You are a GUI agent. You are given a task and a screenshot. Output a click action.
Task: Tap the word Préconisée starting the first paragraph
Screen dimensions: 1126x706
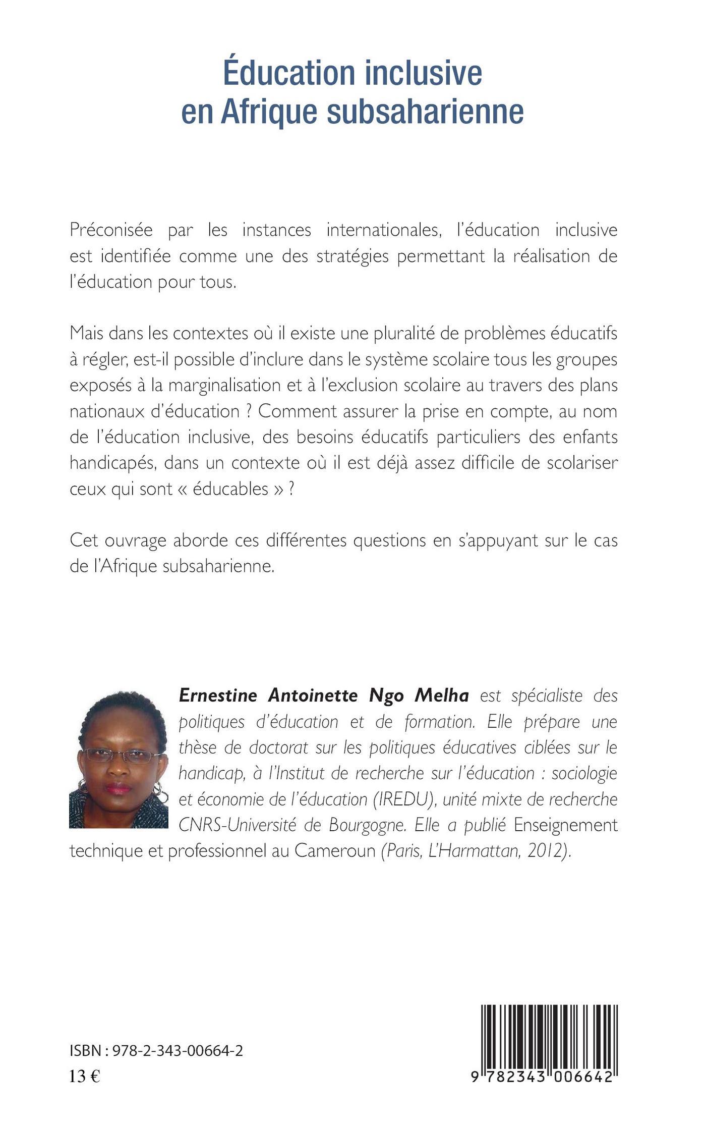pyautogui.click(x=111, y=230)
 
